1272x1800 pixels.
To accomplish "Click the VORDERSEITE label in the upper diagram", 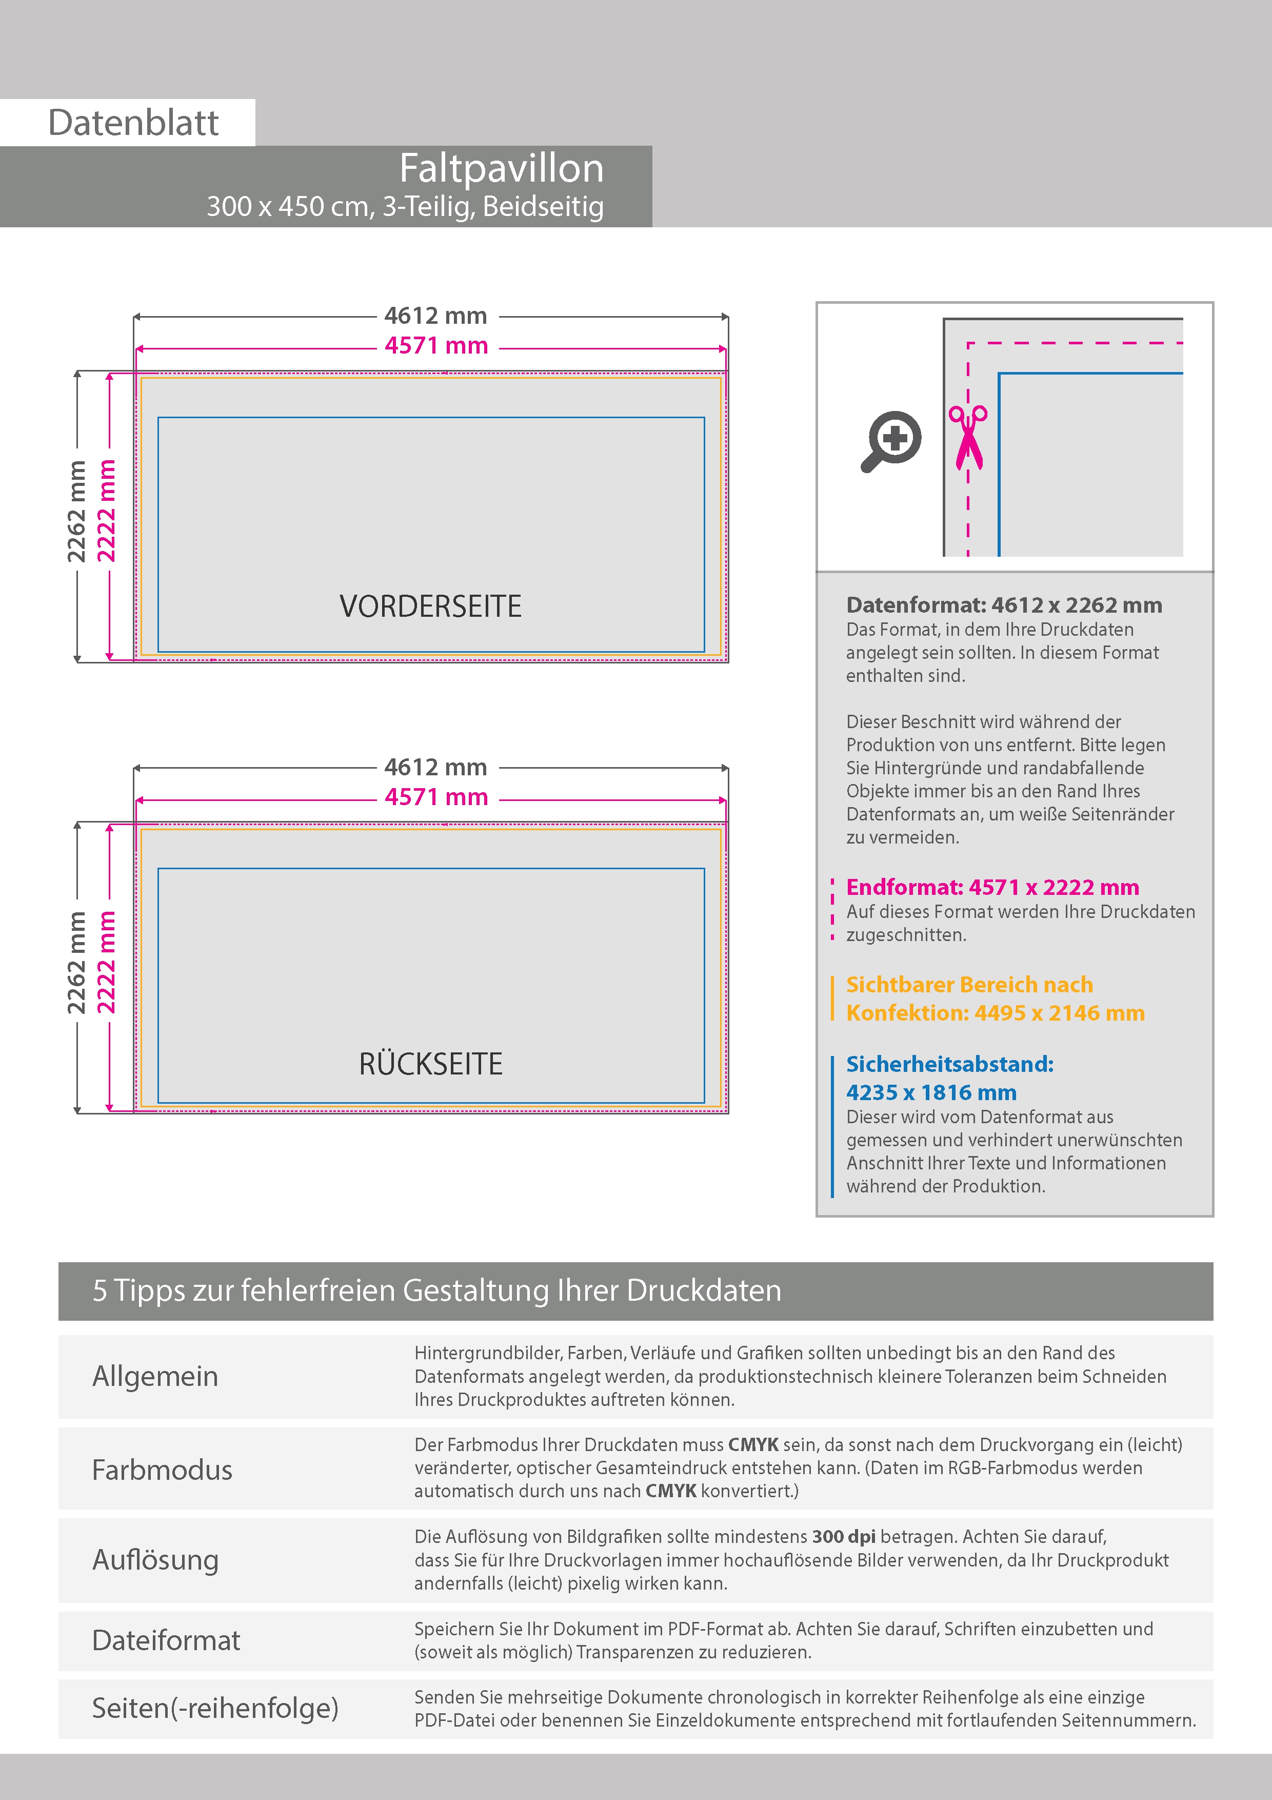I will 430,606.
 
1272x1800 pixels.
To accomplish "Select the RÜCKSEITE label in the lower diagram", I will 430,1064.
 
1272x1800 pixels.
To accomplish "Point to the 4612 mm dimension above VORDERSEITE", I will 436,316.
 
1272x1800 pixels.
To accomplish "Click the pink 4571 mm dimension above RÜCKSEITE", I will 436,797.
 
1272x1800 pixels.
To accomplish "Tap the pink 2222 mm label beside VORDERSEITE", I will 106,511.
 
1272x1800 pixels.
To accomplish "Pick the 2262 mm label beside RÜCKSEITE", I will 76,963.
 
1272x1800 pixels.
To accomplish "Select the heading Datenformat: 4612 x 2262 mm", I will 1004,605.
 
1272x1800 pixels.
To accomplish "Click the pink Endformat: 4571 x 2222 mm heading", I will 992,888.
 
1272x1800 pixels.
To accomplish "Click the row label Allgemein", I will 155,1376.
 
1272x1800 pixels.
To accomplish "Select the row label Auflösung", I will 155,1559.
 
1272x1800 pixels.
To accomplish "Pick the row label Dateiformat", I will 166,1640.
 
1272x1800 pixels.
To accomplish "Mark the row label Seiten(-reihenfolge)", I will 215,1708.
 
